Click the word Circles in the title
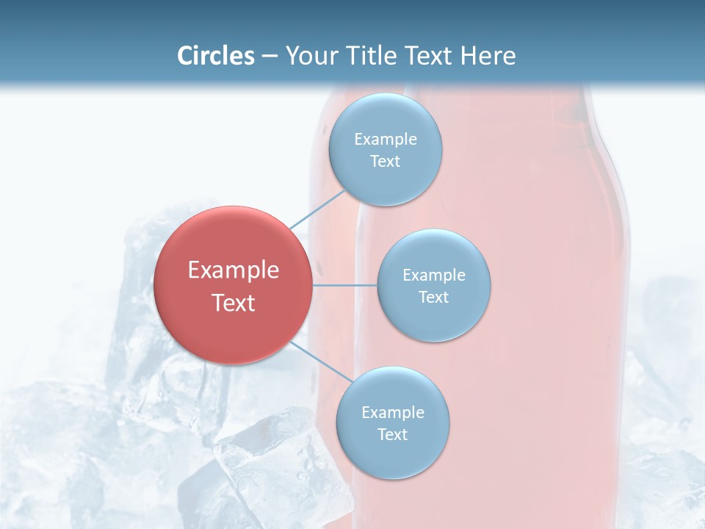point(215,56)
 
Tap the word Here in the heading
point(488,56)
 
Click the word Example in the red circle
point(233,270)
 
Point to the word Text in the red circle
point(233,303)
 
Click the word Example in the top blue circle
point(385,140)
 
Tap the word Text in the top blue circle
point(385,162)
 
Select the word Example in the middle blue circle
point(433,276)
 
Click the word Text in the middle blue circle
point(433,298)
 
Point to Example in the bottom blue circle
point(392,413)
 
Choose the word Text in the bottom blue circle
point(392,435)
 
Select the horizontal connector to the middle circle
point(345,285)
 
